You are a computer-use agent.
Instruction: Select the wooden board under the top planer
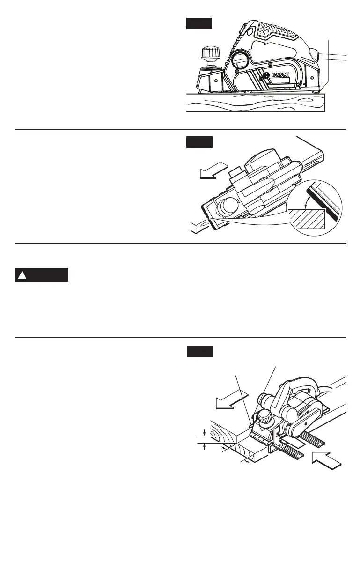[255, 103]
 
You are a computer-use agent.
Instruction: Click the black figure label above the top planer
[199, 23]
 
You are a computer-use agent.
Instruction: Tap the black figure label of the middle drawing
[199, 141]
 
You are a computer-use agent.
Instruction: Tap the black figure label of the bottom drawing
[200, 351]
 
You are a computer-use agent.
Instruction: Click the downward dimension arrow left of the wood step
[205, 432]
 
